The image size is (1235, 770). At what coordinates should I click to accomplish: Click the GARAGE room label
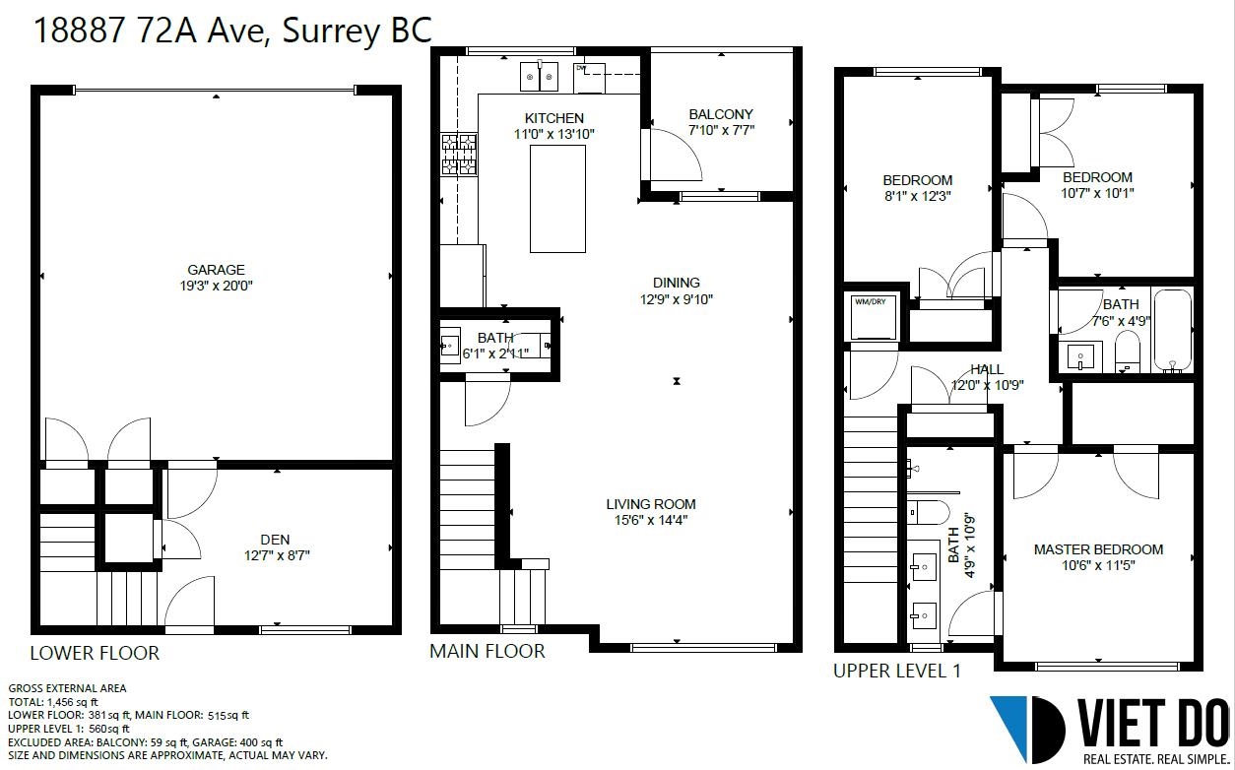pos(216,270)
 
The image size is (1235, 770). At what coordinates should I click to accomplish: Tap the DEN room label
pos(275,540)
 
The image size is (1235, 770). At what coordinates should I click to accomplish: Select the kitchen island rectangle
pos(557,199)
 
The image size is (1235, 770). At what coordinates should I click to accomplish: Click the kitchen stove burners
pos(459,155)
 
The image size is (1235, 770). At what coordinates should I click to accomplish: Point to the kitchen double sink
pos(539,77)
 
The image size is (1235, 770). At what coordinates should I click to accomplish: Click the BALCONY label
pos(721,114)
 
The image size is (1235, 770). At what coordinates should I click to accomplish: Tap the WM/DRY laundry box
pos(874,317)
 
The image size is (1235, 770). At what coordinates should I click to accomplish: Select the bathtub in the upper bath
pos(1172,330)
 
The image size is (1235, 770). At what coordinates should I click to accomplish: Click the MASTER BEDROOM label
pos(1098,549)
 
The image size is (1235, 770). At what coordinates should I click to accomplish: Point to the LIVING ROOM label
pos(651,504)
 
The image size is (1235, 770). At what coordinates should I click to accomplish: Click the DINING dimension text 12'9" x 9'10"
pos(676,299)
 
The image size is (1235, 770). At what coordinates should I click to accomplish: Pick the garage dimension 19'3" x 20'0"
pos(216,286)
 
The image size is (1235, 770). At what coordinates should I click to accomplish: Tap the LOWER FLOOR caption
pos(95,653)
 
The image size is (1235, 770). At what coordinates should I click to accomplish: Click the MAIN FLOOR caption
pos(487,651)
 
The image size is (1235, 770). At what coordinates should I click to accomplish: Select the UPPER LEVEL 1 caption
pos(897,671)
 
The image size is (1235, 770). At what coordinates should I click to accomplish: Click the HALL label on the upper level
pos(987,368)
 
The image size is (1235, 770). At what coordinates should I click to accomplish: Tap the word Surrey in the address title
pos(331,31)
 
